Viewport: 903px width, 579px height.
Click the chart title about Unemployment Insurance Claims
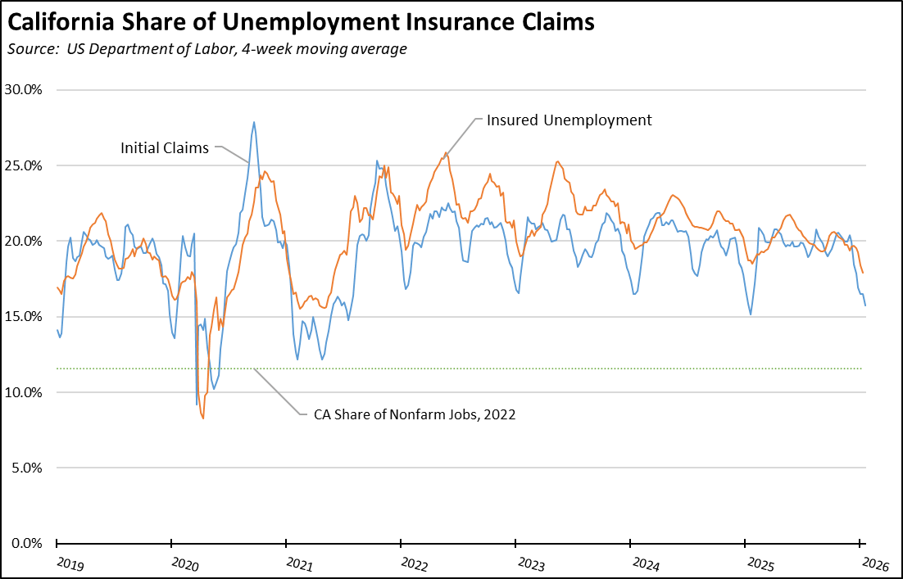301,23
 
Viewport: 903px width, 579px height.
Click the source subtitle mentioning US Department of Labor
206,49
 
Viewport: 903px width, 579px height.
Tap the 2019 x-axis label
70,564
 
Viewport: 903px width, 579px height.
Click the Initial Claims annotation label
165,148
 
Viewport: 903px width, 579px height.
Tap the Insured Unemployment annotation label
569,120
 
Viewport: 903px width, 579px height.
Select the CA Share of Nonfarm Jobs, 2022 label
415,414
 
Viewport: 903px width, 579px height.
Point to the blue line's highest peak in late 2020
254,122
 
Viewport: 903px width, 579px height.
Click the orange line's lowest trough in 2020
202,418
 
